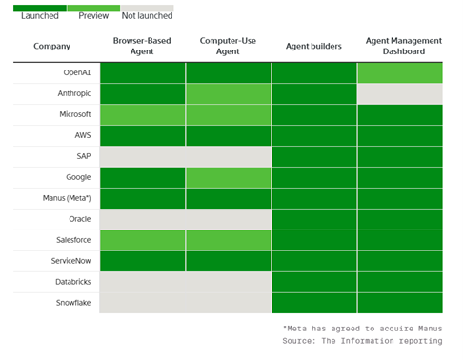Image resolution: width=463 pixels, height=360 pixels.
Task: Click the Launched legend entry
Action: (x=40, y=15)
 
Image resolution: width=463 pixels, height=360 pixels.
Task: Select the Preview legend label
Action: (x=93, y=15)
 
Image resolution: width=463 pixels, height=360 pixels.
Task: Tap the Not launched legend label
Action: (x=147, y=15)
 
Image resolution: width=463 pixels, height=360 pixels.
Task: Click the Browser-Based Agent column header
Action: (x=142, y=46)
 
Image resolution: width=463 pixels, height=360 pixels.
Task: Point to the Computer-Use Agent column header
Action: (x=228, y=46)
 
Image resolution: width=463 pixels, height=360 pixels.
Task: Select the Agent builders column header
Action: (x=313, y=47)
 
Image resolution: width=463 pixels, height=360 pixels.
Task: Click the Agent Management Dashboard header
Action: (x=404, y=46)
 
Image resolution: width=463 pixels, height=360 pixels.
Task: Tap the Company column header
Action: (x=51, y=47)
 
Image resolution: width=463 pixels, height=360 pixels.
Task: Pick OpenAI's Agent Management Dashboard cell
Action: (x=400, y=72)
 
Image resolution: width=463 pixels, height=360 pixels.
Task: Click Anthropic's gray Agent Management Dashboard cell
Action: (x=400, y=93)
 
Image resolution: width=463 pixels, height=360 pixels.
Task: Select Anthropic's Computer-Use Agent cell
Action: (x=229, y=93)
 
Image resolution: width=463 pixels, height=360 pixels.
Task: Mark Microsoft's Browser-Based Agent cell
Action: (x=143, y=114)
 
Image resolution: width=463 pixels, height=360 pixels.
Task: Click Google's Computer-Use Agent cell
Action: (x=229, y=177)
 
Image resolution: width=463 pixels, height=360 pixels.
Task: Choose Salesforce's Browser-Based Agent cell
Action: (x=143, y=240)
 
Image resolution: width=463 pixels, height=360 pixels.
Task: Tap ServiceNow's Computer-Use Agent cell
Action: (x=229, y=261)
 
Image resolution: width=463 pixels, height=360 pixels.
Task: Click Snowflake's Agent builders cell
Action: (x=314, y=303)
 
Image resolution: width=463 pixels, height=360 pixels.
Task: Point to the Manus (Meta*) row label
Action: (x=67, y=198)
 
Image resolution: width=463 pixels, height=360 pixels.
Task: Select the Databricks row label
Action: (x=73, y=282)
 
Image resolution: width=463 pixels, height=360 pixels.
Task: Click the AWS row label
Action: (x=83, y=135)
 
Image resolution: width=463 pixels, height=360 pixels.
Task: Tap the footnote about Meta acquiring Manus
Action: (x=362, y=329)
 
